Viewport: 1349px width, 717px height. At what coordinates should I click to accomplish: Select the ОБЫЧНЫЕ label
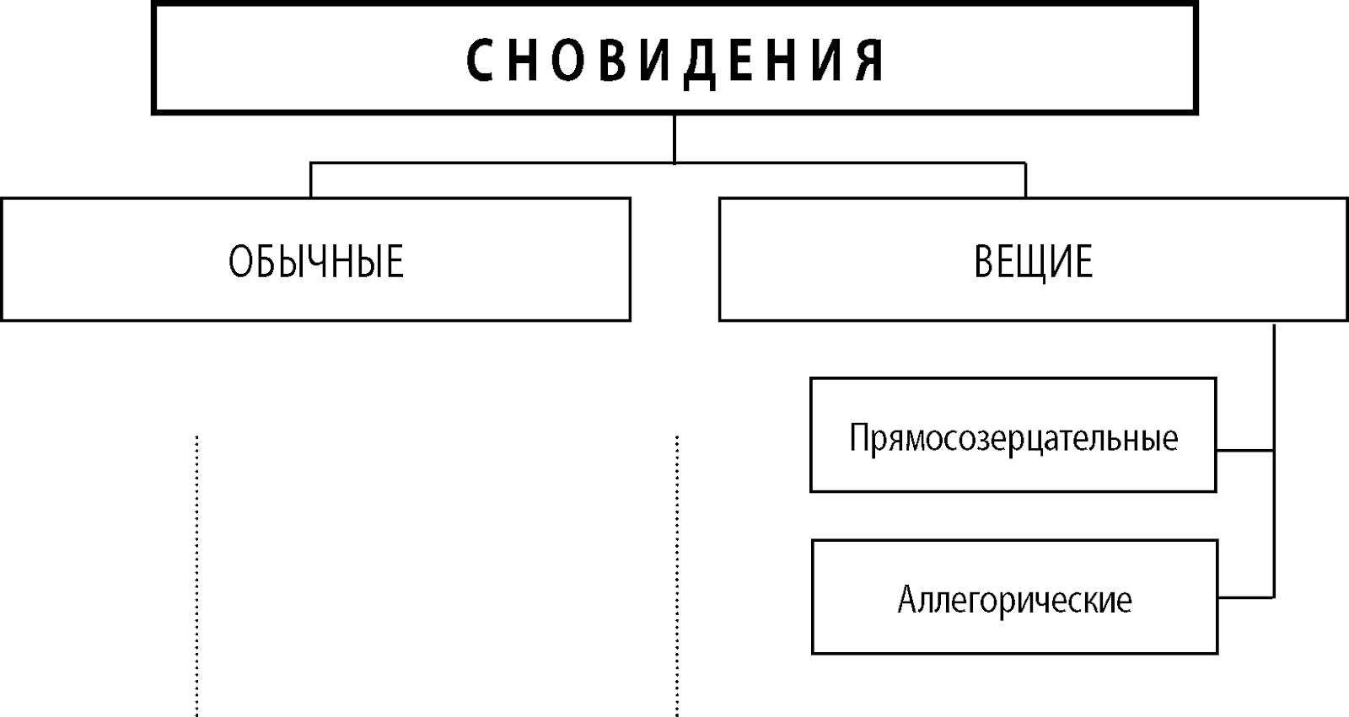pyautogui.click(x=316, y=261)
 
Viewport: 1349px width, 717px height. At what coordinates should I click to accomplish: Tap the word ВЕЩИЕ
pyautogui.click(x=1034, y=262)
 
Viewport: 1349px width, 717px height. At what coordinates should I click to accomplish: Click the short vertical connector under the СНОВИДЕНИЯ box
pyautogui.click(x=674, y=138)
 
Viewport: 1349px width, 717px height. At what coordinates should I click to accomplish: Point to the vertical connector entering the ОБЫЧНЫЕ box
pyautogui.click(x=311, y=180)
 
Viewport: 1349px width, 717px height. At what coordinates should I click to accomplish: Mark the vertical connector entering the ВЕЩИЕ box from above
pyautogui.click(x=1025, y=180)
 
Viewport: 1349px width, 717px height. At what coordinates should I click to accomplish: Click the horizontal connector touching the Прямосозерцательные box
pyautogui.click(x=1245, y=450)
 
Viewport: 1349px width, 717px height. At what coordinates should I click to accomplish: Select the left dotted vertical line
pyautogui.click(x=197, y=576)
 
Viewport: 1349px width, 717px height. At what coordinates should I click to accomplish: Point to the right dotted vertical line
pyautogui.click(x=677, y=576)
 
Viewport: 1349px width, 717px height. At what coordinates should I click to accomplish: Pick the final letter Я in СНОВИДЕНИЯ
pyautogui.click(x=869, y=61)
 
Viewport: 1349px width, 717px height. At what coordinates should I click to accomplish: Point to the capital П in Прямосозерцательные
pyautogui.click(x=859, y=436)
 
